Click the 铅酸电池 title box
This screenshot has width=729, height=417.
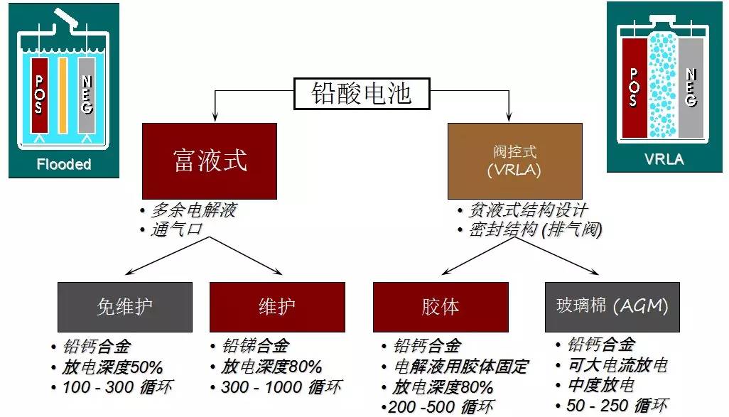tap(362, 93)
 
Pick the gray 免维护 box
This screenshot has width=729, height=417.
tap(124, 307)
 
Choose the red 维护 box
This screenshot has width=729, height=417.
tap(277, 307)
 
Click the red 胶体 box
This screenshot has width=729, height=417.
tap(441, 307)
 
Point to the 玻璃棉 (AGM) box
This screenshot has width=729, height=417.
tap(612, 307)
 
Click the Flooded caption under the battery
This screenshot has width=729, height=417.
tap(64, 165)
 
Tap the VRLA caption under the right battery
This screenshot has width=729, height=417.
tap(664, 159)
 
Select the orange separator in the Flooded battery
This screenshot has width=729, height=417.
tap(63, 95)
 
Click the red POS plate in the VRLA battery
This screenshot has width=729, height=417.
tap(634, 87)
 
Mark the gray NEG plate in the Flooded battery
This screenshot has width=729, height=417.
tap(86, 95)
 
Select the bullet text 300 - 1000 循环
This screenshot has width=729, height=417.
tap(281, 387)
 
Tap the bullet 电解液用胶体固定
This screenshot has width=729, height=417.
tap(461, 367)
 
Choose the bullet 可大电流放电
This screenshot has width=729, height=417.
tap(617, 365)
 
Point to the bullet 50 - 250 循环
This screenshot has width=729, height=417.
tap(617, 406)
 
